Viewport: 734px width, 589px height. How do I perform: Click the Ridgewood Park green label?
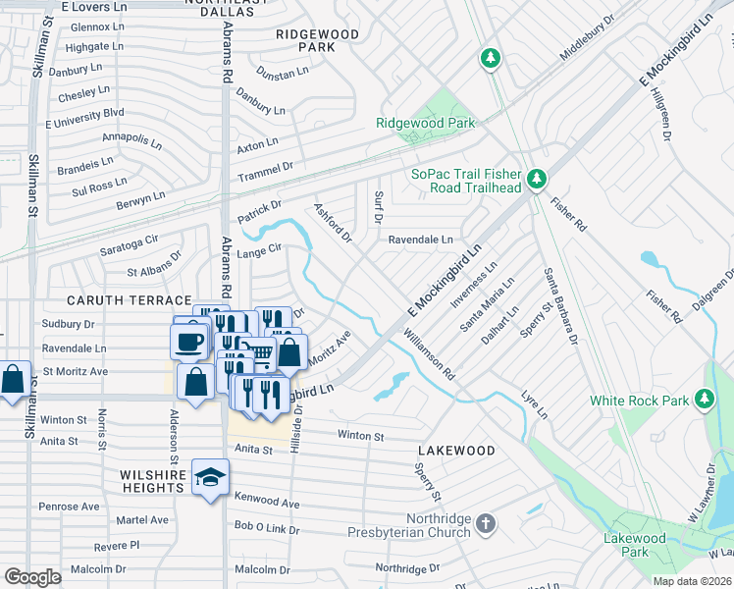click(x=426, y=123)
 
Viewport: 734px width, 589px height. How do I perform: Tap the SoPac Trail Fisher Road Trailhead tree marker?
click(x=536, y=179)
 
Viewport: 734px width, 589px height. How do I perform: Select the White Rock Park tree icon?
click(x=704, y=399)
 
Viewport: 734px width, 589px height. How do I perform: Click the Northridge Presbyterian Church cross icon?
click(x=486, y=525)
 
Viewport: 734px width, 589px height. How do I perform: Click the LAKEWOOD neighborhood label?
click(x=456, y=451)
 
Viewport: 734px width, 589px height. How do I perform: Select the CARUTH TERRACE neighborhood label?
click(x=129, y=299)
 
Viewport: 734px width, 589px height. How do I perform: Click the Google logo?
click(x=33, y=577)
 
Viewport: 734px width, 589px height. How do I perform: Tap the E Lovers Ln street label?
click(x=94, y=6)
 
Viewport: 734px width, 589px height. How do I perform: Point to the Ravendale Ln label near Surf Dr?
click(x=420, y=240)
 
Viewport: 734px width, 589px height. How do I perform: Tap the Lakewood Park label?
click(x=634, y=545)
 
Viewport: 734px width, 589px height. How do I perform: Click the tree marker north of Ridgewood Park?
click(x=490, y=59)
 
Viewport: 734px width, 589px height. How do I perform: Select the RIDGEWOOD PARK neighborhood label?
click(x=317, y=40)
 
